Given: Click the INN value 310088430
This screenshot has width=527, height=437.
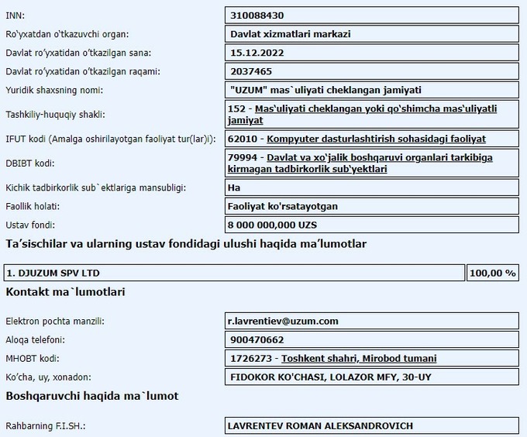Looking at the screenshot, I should [x=257, y=15].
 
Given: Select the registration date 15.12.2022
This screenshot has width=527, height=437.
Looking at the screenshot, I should [x=257, y=53].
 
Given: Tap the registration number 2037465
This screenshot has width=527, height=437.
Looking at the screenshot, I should [x=250, y=71].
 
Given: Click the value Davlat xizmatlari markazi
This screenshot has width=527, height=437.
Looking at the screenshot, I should [x=291, y=34].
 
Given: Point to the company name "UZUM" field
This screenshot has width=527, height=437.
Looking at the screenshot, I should [x=325, y=90].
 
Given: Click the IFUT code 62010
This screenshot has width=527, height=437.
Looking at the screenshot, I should [x=246, y=139].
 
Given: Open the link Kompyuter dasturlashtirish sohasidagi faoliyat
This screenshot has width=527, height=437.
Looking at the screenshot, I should [x=376, y=139].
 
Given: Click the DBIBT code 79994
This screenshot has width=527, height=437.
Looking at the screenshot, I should [x=246, y=157].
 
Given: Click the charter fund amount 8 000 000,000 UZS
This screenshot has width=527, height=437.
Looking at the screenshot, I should [x=274, y=225].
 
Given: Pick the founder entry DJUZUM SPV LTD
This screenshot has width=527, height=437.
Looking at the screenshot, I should [x=53, y=273].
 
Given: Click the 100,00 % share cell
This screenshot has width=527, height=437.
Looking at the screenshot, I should [x=493, y=273].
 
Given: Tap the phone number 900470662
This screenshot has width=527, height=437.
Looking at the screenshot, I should [x=257, y=339].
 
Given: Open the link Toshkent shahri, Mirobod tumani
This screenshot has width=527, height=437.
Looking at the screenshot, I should [x=358, y=358].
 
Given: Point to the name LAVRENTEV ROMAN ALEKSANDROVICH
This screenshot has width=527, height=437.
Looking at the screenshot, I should [x=320, y=425].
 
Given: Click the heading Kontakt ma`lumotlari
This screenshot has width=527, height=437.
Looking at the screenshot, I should [x=66, y=292].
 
